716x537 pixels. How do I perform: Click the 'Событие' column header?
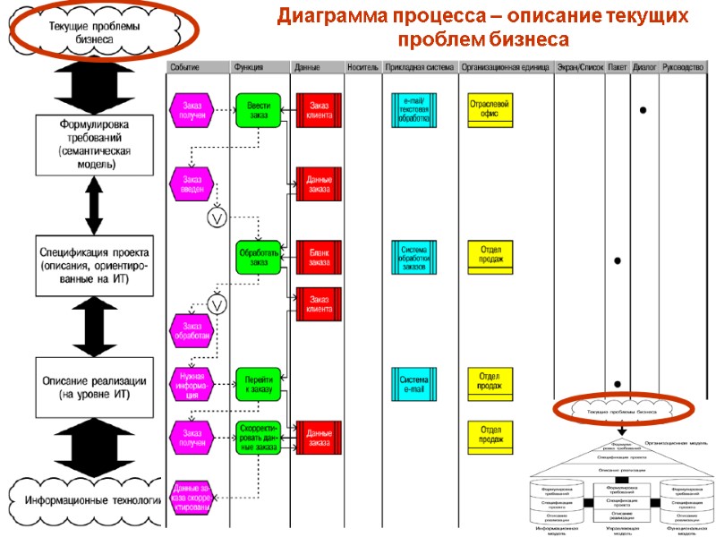coord(186,68)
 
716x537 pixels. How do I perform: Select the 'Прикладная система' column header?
coord(420,68)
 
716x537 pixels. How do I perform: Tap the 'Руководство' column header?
coord(683,68)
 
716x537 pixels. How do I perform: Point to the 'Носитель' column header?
coord(362,68)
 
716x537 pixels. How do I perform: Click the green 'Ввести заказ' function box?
coord(259,110)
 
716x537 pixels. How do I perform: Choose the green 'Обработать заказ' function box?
coord(259,257)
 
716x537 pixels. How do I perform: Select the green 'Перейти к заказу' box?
coord(259,383)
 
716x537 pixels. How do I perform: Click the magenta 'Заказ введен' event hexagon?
coord(192,183)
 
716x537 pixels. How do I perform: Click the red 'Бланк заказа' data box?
coord(319,257)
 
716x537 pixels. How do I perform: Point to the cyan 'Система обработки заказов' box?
coord(414,258)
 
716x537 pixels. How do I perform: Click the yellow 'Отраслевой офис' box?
coord(490,109)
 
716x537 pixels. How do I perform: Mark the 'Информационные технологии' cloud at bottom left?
coord(89,499)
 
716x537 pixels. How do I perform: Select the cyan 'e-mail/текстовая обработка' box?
coord(414,110)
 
